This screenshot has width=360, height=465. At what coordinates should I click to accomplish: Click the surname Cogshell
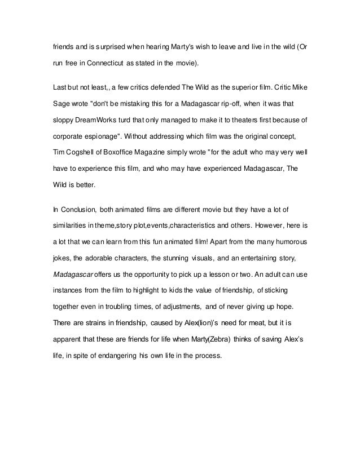point(86,152)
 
